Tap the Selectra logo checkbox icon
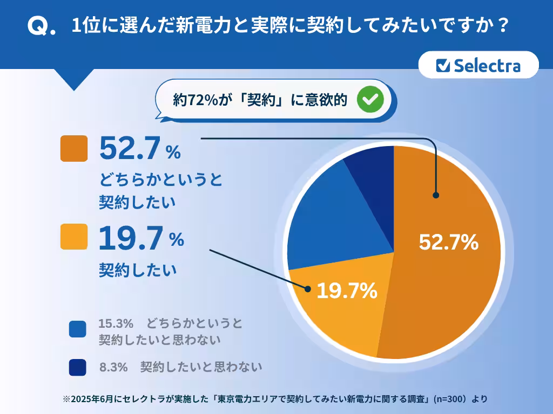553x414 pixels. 443,65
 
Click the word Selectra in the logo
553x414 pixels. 487,65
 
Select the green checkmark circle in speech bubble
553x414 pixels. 371,99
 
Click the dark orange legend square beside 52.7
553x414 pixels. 74,148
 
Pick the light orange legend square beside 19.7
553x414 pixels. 74,236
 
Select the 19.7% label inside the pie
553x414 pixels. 346,291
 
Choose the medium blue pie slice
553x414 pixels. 335,221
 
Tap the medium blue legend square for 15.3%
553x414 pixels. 77,329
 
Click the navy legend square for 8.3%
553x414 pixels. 77,367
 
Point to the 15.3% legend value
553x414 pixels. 116,323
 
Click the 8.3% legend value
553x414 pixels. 113,367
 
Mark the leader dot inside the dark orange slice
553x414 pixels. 435,196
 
